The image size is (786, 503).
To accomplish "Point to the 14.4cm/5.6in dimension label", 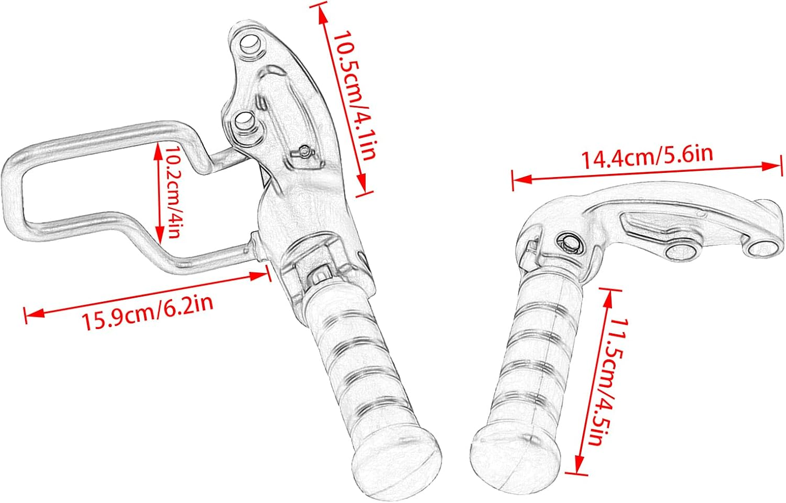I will (x=647, y=156).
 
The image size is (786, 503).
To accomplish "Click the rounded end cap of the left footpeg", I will (x=396, y=462).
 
